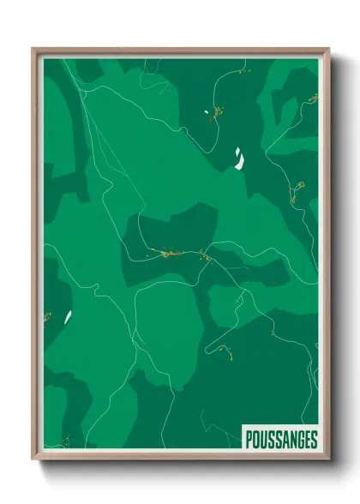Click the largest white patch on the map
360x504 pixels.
(237, 159)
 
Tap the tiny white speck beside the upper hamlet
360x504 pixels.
(207, 111)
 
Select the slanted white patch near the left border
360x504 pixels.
(67, 316)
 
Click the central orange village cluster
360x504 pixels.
(167, 253)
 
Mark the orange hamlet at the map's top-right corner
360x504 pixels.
(312, 98)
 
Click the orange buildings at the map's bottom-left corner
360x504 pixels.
(63, 442)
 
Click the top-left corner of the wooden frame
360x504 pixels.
(32, 48)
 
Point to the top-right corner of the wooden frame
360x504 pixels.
(329, 48)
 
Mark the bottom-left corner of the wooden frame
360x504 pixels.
(32, 460)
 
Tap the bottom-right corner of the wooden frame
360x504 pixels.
(329, 460)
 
